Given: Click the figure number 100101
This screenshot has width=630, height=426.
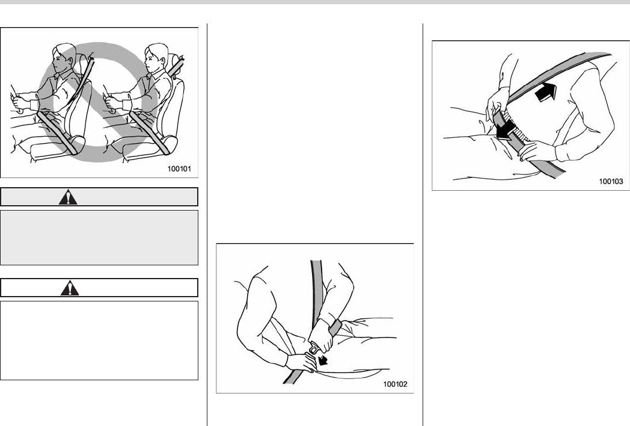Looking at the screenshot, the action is [x=179, y=169].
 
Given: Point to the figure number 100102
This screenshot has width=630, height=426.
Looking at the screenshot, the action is [x=396, y=384].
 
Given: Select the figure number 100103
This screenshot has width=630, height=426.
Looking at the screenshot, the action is [x=611, y=182].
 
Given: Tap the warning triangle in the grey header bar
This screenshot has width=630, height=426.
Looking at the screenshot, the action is [x=69, y=197].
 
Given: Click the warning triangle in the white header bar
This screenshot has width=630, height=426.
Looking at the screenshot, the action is [x=70, y=288].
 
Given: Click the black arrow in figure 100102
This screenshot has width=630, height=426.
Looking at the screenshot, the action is [x=322, y=360].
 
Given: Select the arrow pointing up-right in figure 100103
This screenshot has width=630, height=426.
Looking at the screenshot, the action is [x=546, y=91].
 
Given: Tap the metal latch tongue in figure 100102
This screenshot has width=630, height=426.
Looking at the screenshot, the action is [x=314, y=347].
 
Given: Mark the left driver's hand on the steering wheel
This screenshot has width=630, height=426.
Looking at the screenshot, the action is [x=20, y=102].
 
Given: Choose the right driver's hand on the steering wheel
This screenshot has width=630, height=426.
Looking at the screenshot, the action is [x=113, y=102].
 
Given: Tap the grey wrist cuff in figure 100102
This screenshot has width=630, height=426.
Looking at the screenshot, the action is [x=335, y=327].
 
